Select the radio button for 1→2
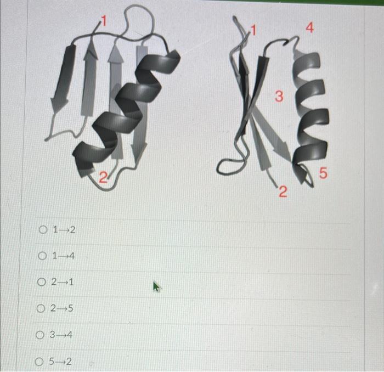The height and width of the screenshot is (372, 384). click(x=43, y=229)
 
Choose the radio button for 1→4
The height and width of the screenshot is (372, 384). click(x=43, y=256)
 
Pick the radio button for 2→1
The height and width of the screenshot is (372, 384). click(x=43, y=282)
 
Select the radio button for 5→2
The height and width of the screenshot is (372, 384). click(x=39, y=362)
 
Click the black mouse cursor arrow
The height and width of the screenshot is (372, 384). click(x=157, y=286)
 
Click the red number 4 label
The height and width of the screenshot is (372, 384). click(x=310, y=28)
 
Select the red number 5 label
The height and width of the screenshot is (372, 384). click(x=323, y=174)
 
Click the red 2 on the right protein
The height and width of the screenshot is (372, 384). click(x=282, y=191)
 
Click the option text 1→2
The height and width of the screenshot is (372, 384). click(x=64, y=229)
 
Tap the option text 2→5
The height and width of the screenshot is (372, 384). click(x=63, y=309)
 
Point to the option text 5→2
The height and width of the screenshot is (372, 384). click(x=60, y=362)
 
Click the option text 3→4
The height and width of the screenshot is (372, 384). click(x=60, y=335)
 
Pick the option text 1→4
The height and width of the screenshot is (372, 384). click(x=64, y=256)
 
